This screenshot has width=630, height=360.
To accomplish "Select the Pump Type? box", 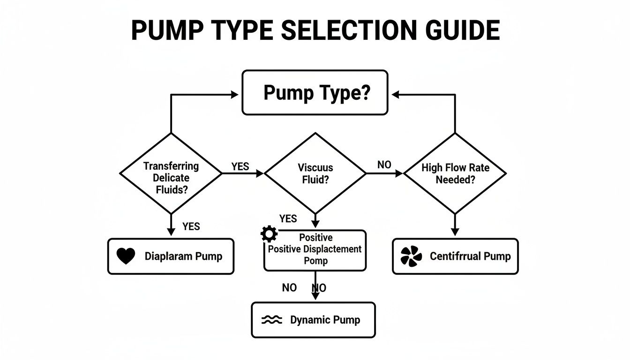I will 315,92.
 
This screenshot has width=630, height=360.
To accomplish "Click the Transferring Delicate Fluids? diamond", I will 171,173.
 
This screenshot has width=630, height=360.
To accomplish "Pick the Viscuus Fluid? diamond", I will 315,173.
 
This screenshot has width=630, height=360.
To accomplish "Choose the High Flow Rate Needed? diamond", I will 455,173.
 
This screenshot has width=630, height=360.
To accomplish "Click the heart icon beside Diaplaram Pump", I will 126,256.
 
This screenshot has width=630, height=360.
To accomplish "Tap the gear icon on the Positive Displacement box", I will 269,234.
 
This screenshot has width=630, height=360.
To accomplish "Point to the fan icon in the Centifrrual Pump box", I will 411,256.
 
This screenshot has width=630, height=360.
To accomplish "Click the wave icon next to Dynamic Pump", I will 271,320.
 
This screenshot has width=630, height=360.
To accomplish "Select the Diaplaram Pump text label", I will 183,256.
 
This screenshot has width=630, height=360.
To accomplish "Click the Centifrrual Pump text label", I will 470,256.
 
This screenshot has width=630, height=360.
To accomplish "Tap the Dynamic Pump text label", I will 325,320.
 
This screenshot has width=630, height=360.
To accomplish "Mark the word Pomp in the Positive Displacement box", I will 315,261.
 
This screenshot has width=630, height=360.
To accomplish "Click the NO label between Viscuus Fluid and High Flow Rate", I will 384,165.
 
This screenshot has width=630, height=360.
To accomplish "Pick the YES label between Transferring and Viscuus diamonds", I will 240,166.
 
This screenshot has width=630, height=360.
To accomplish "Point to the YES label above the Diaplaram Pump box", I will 191,226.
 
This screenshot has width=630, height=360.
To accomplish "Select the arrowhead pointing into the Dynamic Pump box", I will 315,296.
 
